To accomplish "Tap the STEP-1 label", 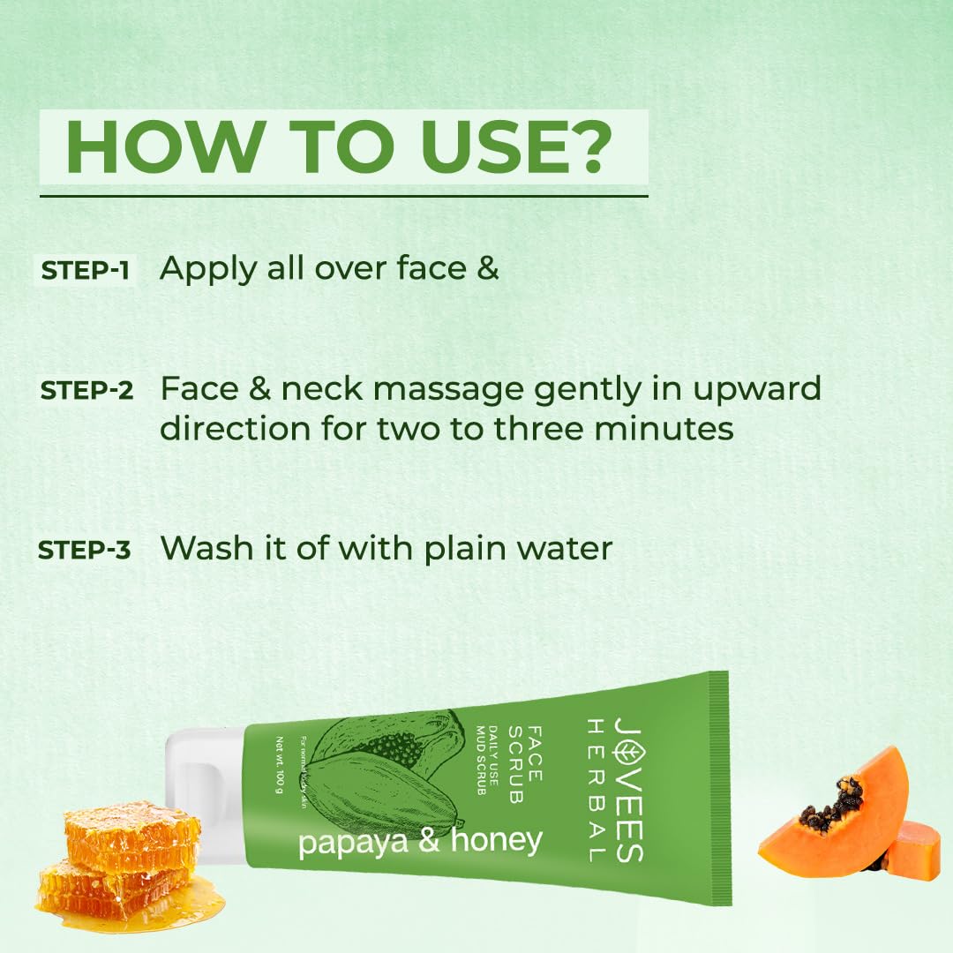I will click(x=85, y=271).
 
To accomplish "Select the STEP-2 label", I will click(x=86, y=390).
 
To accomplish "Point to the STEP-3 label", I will click(x=85, y=550).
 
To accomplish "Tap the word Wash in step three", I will click(x=204, y=548).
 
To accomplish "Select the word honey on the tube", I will click(x=496, y=840).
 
